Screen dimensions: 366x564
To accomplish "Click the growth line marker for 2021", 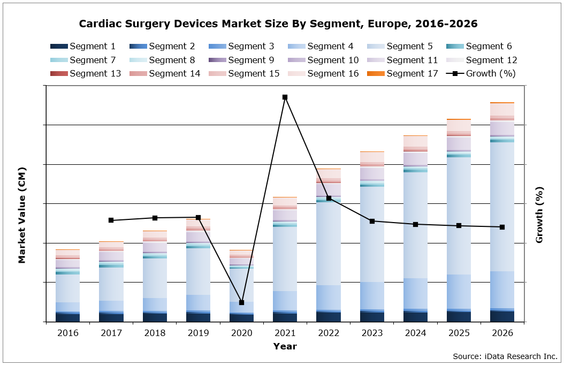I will coord(285,97).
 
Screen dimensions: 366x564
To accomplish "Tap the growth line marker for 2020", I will coord(241,303).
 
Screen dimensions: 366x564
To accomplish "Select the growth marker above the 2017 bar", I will coord(111,220).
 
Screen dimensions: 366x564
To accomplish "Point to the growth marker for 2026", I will coord(502,227).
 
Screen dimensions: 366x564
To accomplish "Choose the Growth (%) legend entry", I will coord(482,73).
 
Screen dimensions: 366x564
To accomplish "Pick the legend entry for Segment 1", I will coord(86,47).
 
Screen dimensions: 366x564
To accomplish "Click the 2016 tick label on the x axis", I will coord(67,333).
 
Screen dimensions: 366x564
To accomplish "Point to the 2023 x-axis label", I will coord(372,333).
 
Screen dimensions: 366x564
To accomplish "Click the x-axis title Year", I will coord(285,346).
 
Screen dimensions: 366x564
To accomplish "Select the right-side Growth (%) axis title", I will coord(539,215).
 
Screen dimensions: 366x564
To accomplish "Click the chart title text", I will coord(278,24).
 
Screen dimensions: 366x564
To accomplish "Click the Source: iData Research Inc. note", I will coord(505,356).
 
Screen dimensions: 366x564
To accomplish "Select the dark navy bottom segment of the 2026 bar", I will coord(502,316).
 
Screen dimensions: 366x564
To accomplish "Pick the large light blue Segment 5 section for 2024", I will coord(415,225).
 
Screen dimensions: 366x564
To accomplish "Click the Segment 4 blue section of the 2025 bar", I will coord(459,292).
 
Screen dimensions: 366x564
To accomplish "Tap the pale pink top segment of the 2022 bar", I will coord(328,173).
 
